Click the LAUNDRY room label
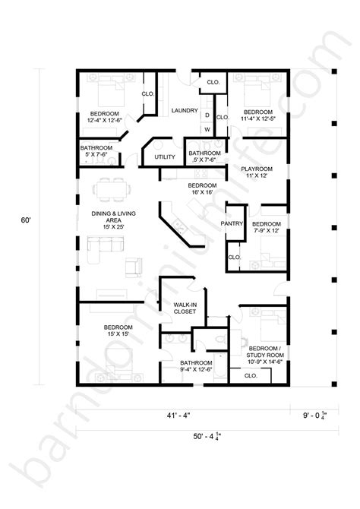tap(185, 110)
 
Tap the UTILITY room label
tap(165, 157)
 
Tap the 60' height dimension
tap(26, 220)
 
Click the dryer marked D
tap(206, 115)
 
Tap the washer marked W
tap(206, 130)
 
